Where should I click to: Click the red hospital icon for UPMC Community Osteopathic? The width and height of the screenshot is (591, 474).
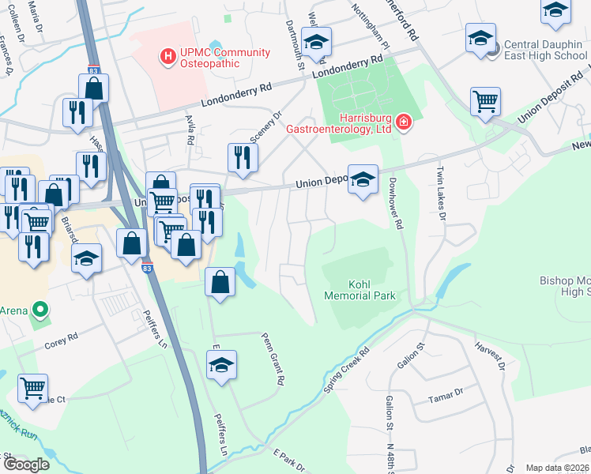point(168,57)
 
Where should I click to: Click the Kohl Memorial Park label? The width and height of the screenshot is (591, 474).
point(359,289)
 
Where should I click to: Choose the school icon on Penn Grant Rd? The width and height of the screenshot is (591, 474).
point(221,365)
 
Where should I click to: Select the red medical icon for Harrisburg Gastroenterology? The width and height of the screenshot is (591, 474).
point(403,122)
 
